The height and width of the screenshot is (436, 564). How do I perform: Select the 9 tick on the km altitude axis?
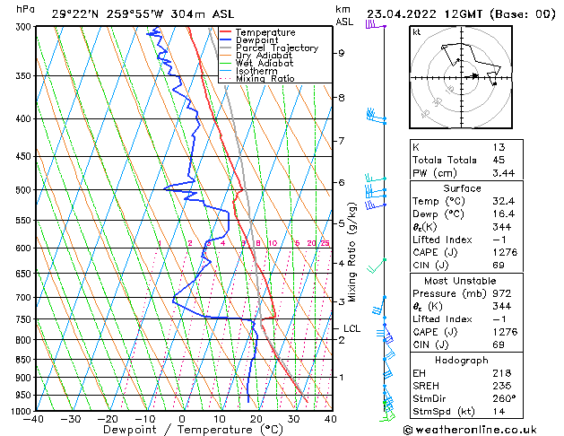pyautogui.click(x=341, y=53)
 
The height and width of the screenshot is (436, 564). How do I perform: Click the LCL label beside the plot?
pyautogui.click(x=351, y=329)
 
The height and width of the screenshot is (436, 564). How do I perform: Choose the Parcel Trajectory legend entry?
pyautogui.click(x=276, y=48)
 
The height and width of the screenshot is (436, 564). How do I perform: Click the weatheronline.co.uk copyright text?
pyautogui.click(x=477, y=428)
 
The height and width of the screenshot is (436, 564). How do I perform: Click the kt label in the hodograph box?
pyautogui.click(x=416, y=31)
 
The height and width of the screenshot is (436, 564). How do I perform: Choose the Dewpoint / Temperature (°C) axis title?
pyautogui.click(x=182, y=430)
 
